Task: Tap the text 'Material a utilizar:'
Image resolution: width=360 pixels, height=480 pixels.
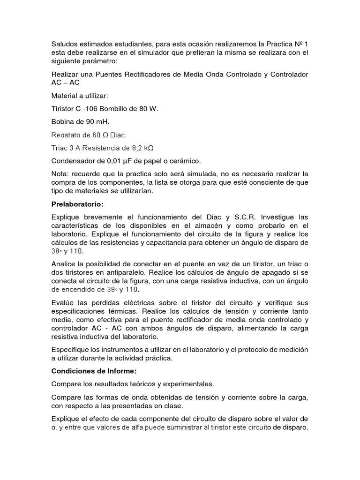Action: (80, 96)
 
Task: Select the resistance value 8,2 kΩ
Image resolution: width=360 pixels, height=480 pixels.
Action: (143, 148)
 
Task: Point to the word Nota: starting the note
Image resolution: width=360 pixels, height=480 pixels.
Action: (61, 174)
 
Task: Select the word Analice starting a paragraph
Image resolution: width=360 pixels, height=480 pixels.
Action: (65, 263)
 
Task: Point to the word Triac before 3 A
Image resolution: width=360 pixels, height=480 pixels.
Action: (61, 148)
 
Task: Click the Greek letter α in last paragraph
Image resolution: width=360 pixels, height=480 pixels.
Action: (53, 428)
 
